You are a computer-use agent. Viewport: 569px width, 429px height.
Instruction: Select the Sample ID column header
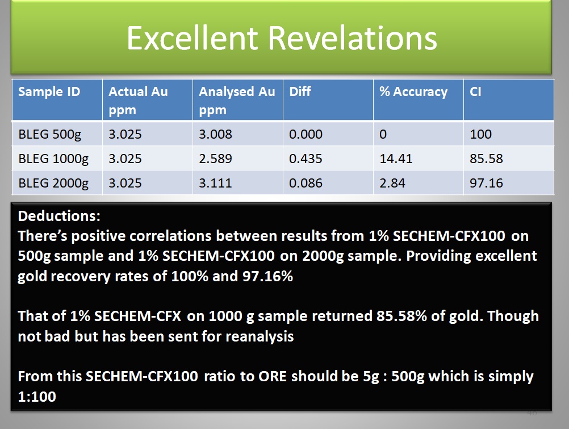(49, 91)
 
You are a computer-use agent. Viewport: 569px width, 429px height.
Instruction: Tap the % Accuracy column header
(413, 91)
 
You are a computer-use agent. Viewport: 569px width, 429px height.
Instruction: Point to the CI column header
(475, 91)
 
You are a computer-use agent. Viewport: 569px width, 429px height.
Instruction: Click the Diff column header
(300, 91)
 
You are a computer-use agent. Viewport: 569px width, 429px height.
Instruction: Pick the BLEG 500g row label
(50, 135)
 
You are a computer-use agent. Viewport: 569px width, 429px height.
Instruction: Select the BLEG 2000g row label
(53, 183)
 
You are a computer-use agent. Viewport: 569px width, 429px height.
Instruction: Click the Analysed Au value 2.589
(215, 159)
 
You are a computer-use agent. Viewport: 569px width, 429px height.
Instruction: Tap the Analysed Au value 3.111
(215, 183)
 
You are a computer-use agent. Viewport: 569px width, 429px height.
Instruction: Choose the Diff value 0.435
(306, 159)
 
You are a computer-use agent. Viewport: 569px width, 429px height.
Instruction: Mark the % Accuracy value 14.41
(396, 159)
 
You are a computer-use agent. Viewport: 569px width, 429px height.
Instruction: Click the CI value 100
(480, 135)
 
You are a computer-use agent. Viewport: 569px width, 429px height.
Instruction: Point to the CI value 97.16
(486, 183)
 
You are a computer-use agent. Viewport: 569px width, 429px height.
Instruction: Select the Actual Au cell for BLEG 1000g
(125, 159)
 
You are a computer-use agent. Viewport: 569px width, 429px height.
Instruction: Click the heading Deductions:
(59, 216)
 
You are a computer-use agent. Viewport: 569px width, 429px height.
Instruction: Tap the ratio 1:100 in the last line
(37, 397)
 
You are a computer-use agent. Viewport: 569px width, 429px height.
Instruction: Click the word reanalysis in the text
(260, 337)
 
